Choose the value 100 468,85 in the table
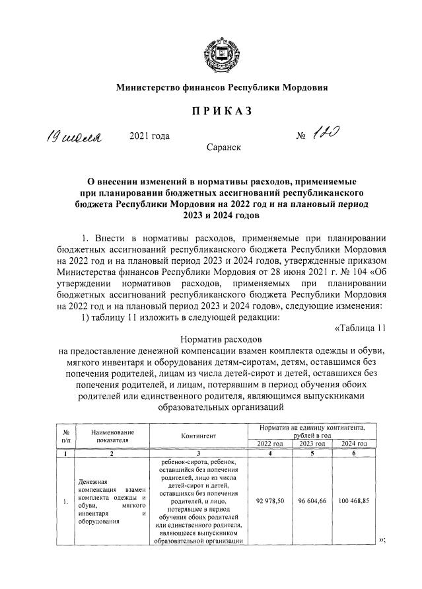click(353, 502)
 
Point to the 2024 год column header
click(353, 444)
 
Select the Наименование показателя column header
click(112, 434)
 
